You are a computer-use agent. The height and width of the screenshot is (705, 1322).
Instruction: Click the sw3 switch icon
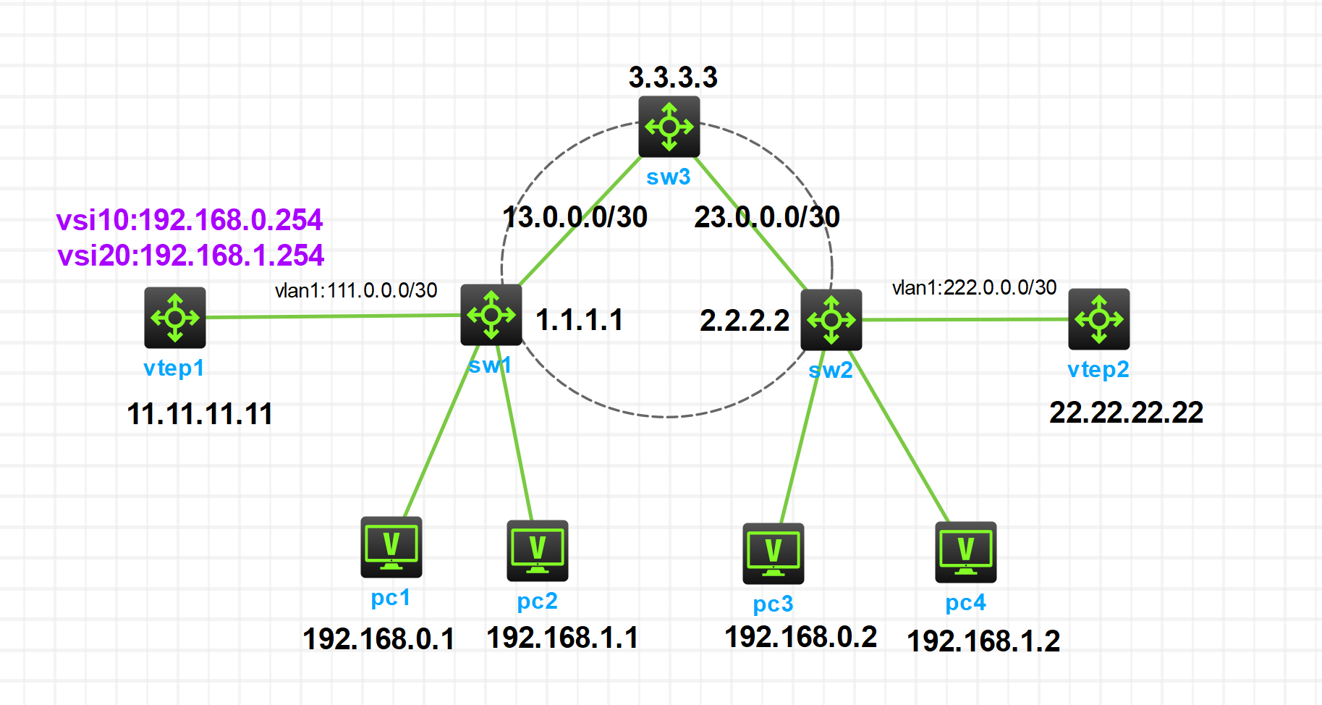point(669,127)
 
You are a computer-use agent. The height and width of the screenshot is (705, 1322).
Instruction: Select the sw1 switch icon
point(491,315)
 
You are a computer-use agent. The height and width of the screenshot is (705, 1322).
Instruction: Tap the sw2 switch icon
point(831,319)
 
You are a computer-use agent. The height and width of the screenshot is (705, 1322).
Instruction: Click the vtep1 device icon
point(175,317)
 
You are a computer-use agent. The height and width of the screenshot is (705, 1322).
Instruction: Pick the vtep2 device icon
point(1098,318)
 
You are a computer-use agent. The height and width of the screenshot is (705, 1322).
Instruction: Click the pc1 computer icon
point(391,546)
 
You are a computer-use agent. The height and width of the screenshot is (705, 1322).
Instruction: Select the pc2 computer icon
point(537,550)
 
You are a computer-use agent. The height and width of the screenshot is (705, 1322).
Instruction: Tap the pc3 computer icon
point(773,553)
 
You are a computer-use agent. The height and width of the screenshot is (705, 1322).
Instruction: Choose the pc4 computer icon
point(965,552)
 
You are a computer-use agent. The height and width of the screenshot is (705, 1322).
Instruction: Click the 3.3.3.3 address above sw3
point(673,77)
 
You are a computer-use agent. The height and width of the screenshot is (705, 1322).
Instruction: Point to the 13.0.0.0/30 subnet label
point(575,217)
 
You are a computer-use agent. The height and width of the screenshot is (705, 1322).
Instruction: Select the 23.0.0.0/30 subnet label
point(767,217)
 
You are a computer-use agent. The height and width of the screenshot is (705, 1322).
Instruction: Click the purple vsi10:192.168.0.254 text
point(190,220)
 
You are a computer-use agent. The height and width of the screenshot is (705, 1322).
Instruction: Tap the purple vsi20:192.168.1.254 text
point(191,256)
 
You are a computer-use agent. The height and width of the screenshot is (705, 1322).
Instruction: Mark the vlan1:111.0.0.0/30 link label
point(356,291)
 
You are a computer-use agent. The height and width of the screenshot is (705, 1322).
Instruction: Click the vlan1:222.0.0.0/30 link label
point(974,288)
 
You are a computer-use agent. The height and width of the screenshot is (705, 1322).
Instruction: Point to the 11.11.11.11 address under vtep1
point(200,414)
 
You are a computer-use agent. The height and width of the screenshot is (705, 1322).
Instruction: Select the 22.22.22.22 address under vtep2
point(1126,413)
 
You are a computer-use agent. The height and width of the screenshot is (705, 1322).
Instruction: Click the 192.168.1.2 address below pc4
point(983,641)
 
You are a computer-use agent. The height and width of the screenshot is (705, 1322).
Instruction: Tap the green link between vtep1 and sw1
point(333,316)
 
